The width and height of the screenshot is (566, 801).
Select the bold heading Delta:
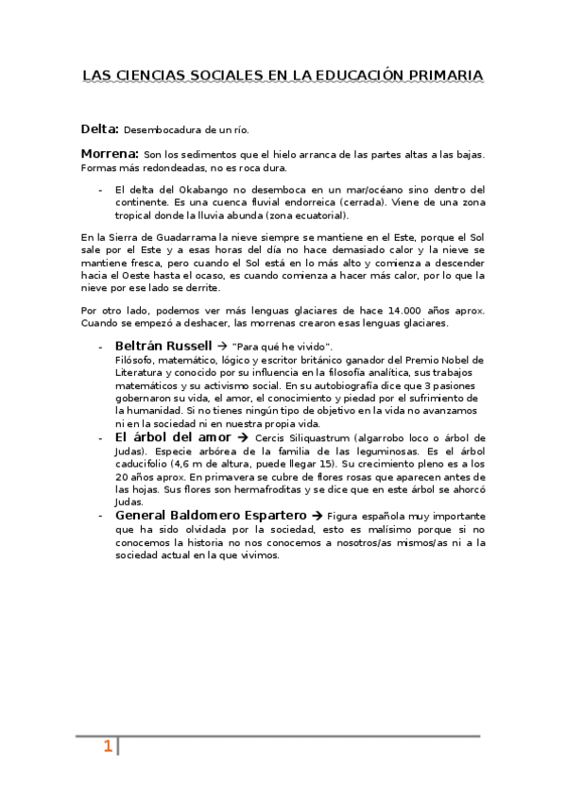point(99,128)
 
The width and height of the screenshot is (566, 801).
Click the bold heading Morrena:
point(110,153)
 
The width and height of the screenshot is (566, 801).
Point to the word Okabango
point(195,189)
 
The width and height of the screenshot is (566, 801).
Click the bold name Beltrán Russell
point(163,346)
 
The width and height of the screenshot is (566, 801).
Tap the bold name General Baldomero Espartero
point(211,516)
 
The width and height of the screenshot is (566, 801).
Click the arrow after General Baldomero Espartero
point(317,517)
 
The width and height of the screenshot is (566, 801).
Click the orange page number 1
point(108,747)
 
